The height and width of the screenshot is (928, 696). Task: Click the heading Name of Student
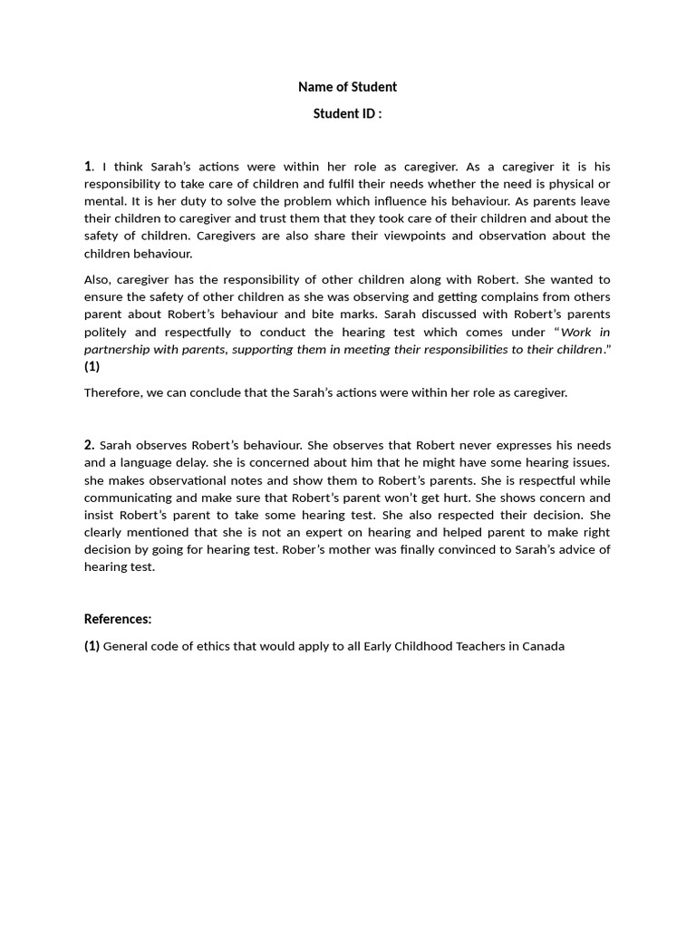(347, 87)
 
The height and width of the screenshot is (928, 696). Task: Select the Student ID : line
(347, 113)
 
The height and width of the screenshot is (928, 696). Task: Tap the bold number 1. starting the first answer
(89, 166)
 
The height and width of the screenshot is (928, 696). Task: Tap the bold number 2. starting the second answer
(89, 445)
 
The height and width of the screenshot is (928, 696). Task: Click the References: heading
(118, 619)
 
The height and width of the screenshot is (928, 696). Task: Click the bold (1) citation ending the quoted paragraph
(92, 366)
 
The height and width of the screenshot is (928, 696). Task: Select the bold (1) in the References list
(92, 646)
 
